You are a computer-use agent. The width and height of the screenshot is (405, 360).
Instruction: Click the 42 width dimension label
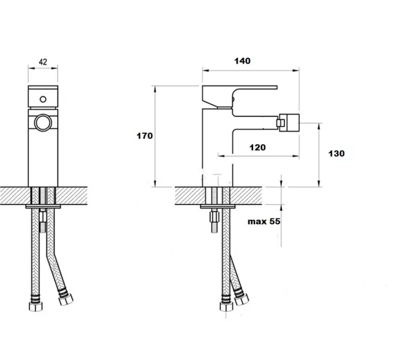click(43, 62)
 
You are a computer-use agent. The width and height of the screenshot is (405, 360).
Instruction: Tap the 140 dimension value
click(242, 61)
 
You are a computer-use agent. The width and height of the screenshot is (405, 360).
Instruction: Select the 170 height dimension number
click(145, 136)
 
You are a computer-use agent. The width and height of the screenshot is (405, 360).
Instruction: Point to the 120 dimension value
click(257, 148)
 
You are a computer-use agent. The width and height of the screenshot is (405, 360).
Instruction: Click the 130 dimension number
click(336, 154)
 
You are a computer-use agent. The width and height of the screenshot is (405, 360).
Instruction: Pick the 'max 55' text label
click(264, 221)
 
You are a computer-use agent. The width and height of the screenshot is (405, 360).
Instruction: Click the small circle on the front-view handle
click(43, 99)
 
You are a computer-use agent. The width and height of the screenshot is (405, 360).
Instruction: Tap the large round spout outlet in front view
click(43, 122)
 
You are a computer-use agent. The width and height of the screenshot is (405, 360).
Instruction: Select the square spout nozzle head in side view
click(288, 122)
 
